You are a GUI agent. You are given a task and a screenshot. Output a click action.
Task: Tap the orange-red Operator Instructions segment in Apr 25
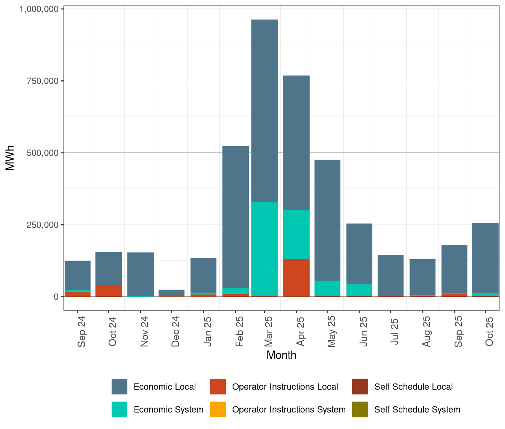296,278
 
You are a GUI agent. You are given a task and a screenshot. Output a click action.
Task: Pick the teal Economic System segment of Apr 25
296,234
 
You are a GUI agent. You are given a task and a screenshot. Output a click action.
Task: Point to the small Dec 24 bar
172,292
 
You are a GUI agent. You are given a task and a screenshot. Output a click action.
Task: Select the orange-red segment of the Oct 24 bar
109,291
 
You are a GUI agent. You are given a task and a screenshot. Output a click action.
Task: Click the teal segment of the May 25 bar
327,288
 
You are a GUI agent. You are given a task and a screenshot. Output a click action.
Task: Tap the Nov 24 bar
141,274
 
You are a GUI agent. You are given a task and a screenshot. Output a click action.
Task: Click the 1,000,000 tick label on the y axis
39,9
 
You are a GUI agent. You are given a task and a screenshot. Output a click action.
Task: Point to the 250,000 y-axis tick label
43,225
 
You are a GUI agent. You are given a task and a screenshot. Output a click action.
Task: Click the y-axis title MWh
10,158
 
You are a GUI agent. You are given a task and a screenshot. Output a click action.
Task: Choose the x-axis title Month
281,355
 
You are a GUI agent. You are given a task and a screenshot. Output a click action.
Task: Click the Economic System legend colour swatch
119,409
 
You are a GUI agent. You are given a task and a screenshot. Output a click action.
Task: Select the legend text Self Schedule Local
413,387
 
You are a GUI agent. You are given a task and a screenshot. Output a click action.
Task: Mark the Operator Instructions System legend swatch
218,409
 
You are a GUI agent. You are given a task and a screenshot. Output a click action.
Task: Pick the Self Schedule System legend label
417,409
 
